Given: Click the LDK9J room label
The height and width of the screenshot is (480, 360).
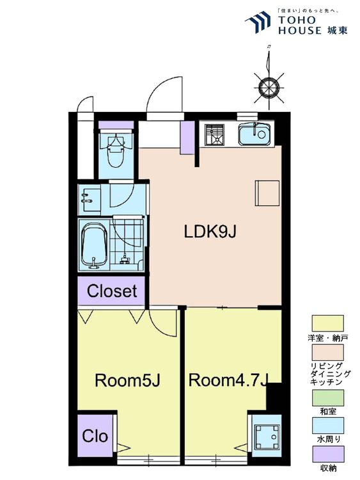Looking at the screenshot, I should [210, 232].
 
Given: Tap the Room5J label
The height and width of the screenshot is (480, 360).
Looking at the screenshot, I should [127, 381].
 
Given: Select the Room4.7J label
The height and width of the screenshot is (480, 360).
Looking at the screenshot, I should [228, 380].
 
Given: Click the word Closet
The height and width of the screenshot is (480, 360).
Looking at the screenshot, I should [112, 291].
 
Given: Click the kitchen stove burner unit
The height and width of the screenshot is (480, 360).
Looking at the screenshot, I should [215, 134].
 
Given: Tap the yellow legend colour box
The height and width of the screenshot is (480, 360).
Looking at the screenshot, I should [327, 323].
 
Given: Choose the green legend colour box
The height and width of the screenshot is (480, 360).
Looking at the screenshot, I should [327, 397].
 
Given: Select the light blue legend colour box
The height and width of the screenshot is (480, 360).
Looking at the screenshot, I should [327, 426].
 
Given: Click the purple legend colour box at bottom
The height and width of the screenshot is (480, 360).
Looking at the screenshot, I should [327, 455].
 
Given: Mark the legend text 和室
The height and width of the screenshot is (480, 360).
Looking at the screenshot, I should [327, 411].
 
